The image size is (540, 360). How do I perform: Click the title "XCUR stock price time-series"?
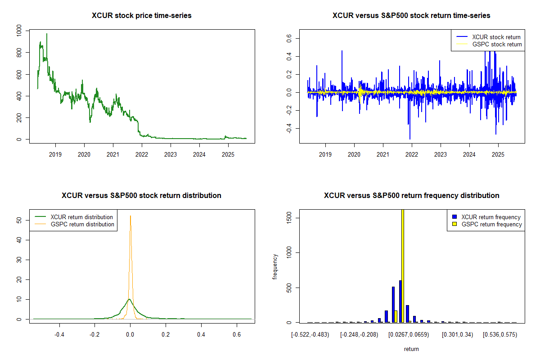click(x=142, y=16)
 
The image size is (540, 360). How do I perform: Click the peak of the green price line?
click(x=46, y=34)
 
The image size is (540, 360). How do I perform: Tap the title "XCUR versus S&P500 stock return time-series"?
click(x=411, y=16)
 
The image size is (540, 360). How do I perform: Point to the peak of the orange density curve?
click(x=130, y=216)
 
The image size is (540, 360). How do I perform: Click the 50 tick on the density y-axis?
click(x=19, y=220)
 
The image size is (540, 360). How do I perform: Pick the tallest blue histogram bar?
click(x=400, y=301)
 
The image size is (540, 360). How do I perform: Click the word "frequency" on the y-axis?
click(x=275, y=267)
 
